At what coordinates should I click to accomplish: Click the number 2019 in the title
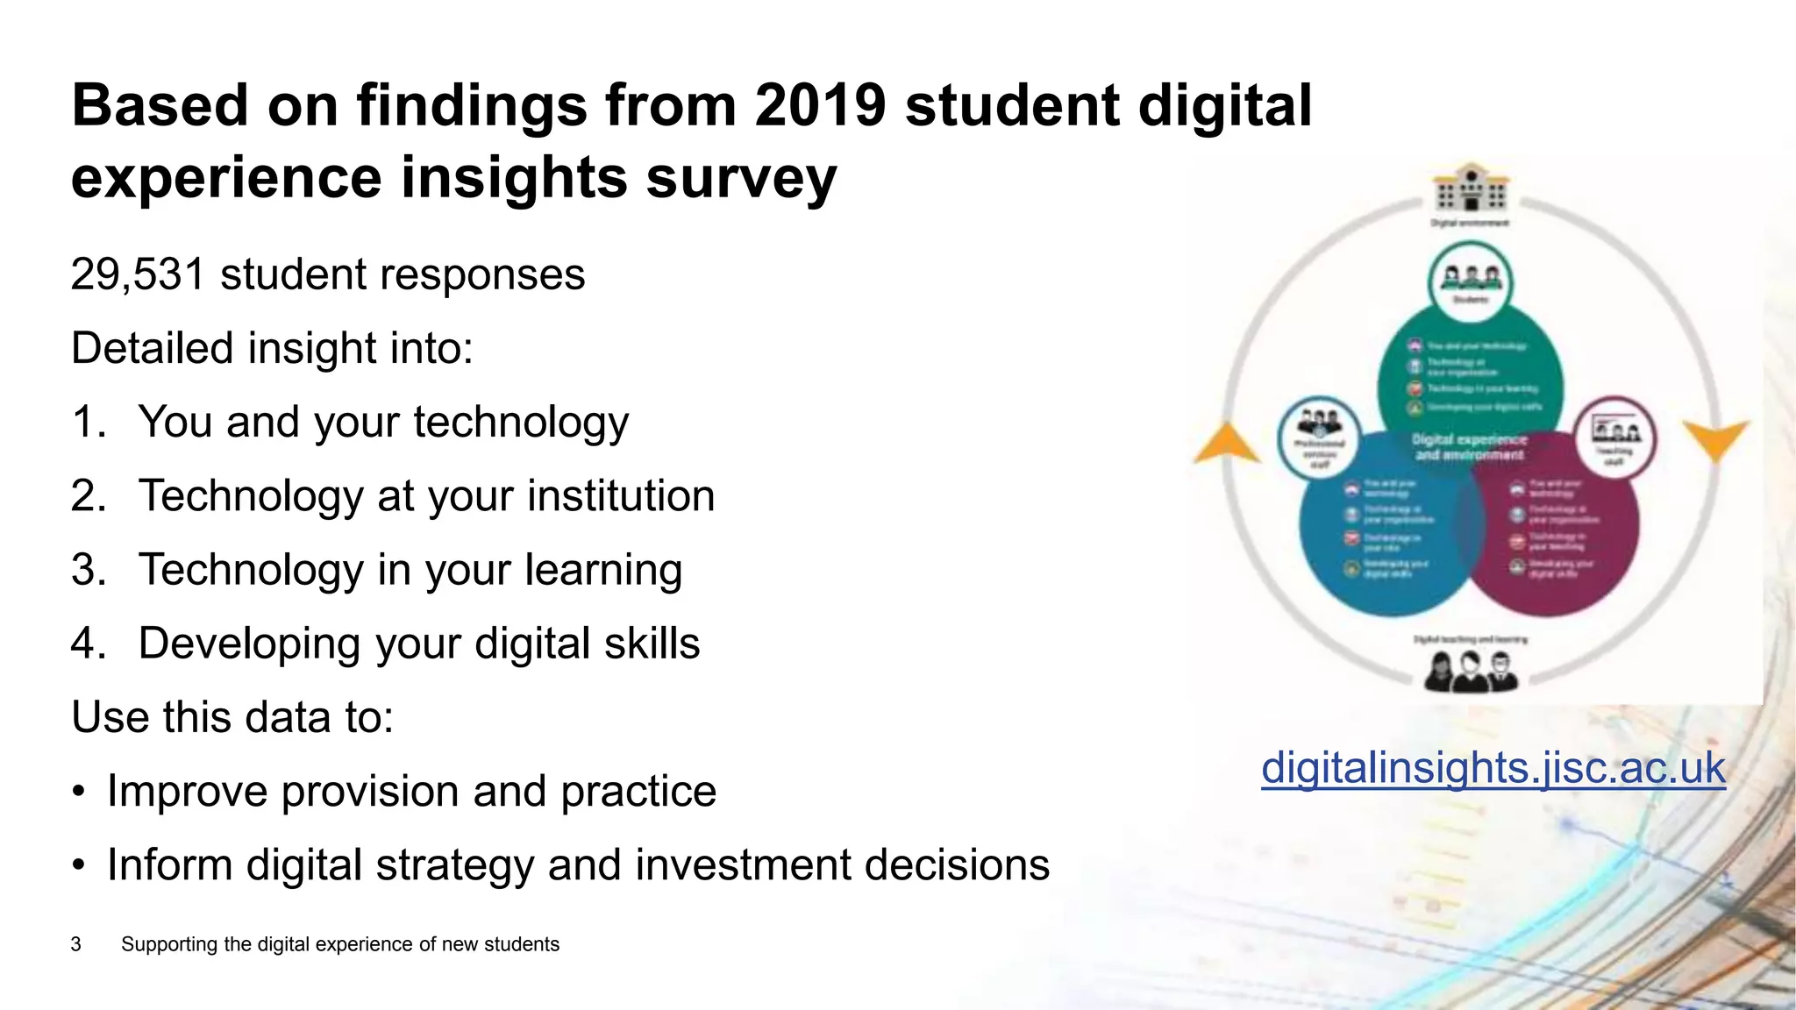820,105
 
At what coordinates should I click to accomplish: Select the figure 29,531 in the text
138,274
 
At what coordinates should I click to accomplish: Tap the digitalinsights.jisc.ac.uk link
1493,768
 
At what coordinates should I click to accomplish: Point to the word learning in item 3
603,571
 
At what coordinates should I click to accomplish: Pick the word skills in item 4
652,644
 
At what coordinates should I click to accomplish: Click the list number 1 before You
87,423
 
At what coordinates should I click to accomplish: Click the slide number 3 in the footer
76,944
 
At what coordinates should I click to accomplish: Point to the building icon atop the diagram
1471,188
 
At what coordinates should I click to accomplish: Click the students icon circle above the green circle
1471,281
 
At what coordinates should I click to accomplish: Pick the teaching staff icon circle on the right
1615,437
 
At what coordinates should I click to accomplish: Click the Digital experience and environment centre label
1469,447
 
